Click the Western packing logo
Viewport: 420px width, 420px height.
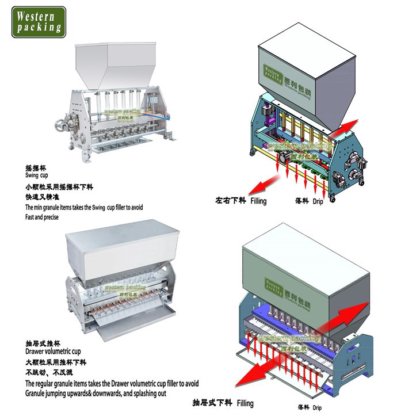(x=39, y=20)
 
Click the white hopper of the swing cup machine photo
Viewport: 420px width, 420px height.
(x=136, y=64)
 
